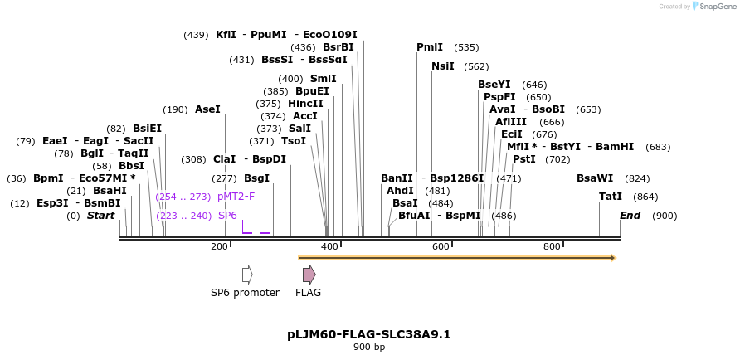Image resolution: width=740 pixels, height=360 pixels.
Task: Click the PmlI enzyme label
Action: (x=430, y=47)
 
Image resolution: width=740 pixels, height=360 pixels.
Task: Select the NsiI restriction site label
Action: (x=443, y=66)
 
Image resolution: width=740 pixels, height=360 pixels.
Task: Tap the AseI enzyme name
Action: (x=207, y=109)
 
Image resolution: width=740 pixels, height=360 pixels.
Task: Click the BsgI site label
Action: (x=256, y=178)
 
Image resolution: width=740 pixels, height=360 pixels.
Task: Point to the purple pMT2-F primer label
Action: (x=236, y=197)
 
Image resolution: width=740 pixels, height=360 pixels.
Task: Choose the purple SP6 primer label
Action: (x=227, y=216)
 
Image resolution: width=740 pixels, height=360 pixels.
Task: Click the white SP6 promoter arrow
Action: (x=247, y=275)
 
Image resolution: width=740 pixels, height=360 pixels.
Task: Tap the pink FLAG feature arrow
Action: (x=309, y=275)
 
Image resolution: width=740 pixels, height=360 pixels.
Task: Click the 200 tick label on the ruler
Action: (x=219, y=246)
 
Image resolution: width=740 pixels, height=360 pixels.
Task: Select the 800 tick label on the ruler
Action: (x=552, y=246)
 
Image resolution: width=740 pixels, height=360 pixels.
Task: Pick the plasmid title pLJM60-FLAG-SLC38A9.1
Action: (x=369, y=335)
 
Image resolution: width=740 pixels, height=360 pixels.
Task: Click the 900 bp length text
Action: (x=369, y=348)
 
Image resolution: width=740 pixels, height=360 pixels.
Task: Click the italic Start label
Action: (x=100, y=216)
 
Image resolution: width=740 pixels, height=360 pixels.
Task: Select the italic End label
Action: (x=630, y=216)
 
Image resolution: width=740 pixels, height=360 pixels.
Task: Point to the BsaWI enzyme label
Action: (x=595, y=178)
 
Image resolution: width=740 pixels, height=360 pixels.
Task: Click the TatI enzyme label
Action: (x=611, y=197)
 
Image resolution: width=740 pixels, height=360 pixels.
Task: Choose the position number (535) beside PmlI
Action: (x=467, y=47)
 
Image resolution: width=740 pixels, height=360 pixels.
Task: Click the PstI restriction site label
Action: (x=524, y=159)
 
